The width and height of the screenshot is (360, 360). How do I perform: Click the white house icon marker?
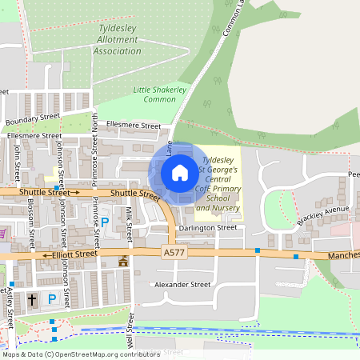(180, 172)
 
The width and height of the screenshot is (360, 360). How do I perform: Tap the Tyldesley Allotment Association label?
(118, 40)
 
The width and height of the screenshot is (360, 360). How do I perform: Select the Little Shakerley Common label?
(159, 94)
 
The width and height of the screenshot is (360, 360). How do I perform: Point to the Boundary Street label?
(33, 120)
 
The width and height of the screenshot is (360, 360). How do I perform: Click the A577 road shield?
(172, 251)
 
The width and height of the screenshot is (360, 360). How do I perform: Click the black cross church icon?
(33, 300)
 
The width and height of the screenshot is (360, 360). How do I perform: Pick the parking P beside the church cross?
(52, 299)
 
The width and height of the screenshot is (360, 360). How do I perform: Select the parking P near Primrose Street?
(105, 221)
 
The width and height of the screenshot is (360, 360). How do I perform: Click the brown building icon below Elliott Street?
(122, 262)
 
